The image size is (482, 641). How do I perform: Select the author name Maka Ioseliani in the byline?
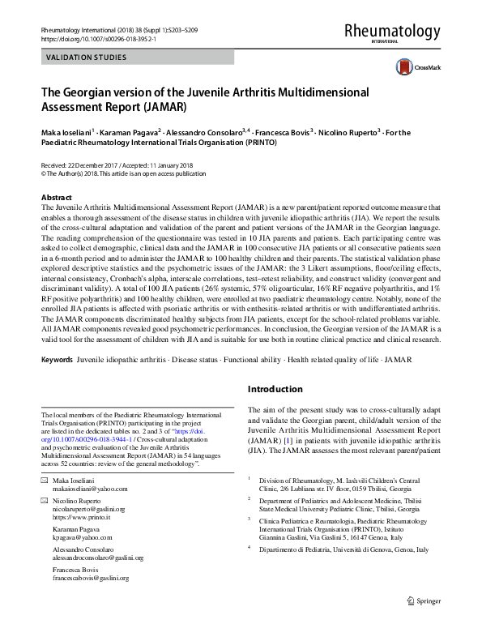pyautogui.click(x=66, y=131)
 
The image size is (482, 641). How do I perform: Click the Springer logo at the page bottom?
pyautogui.click(x=424, y=623)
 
